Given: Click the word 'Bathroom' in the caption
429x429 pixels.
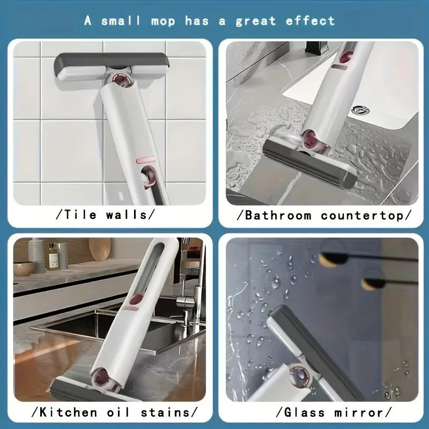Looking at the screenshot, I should pyautogui.click(x=278, y=216).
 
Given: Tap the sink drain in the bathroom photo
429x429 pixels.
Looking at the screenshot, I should pyautogui.click(x=360, y=110).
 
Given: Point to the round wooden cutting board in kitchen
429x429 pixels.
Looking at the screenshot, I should pyautogui.click(x=100, y=249).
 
